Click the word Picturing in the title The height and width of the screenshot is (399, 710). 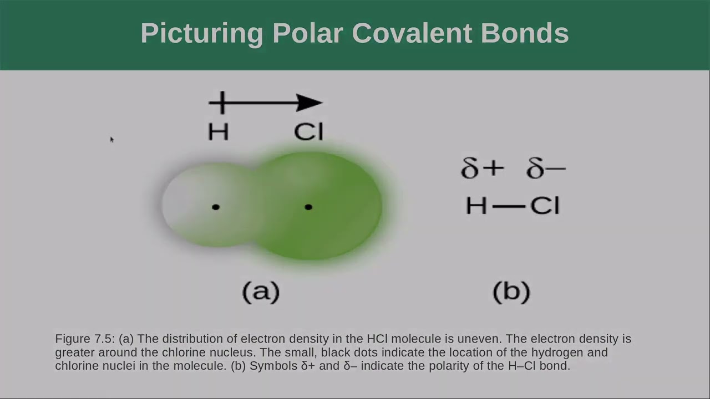point(201,33)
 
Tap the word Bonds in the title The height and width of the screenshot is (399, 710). point(525,33)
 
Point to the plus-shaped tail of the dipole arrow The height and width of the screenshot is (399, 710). point(221,103)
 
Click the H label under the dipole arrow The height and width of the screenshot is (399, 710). point(218,132)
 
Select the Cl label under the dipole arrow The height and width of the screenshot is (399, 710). point(308,132)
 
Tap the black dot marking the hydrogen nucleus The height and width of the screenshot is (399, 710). point(216,207)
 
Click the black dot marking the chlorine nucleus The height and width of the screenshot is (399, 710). point(308,207)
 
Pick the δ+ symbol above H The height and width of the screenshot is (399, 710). point(482,168)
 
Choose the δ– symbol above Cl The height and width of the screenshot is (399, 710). point(546,168)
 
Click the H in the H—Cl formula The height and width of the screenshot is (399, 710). point(476,206)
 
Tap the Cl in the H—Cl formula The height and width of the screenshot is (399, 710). point(545,206)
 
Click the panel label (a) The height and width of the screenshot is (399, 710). point(261,291)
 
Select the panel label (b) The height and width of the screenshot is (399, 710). point(511,291)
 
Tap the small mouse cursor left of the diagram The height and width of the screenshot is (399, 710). point(111,140)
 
